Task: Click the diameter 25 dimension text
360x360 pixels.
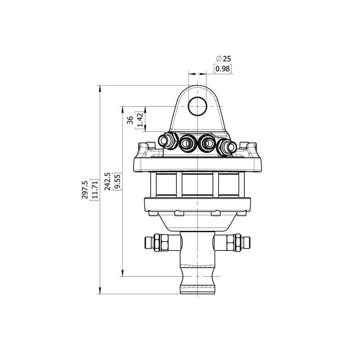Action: coord(223,59)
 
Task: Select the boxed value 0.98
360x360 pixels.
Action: coord(223,69)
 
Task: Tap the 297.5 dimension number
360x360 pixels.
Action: coord(85,189)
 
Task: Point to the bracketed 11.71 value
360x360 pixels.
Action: coord(94,190)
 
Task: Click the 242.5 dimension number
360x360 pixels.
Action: coord(108,182)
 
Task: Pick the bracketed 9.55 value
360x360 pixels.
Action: coord(117,182)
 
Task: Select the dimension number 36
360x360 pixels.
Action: coord(130,120)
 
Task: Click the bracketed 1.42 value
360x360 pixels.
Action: coord(140,120)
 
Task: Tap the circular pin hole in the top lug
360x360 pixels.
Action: coord(198,106)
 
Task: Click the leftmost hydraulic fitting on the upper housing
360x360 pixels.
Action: coord(167,140)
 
